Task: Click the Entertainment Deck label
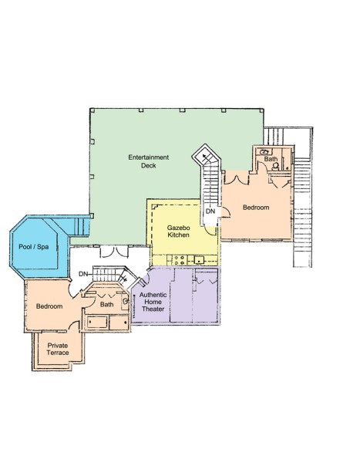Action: click(x=149, y=161)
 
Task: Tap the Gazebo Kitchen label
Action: click(x=178, y=231)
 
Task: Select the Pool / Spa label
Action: click(x=34, y=247)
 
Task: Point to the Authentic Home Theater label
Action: click(x=153, y=302)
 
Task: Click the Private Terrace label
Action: click(x=58, y=349)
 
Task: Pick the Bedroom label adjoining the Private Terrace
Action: click(x=49, y=306)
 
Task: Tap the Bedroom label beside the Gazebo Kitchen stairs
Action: click(x=256, y=208)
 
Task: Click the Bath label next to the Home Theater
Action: click(x=107, y=304)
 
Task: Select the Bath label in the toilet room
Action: click(x=271, y=159)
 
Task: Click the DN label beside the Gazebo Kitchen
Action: click(x=210, y=211)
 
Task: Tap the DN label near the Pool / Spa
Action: click(x=83, y=274)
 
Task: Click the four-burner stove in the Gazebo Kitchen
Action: click(x=179, y=260)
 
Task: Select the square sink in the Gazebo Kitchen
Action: click(x=199, y=260)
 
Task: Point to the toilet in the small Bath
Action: click(x=275, y=166)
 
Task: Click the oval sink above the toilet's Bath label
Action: click(x=264, y=152)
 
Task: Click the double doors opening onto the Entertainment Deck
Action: click(x=114, y=252)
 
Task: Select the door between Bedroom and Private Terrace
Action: click(x=74, y=326)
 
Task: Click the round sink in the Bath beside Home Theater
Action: click(x=125, y=301)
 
